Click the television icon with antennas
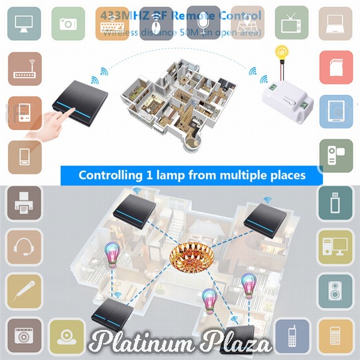[295, 23]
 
